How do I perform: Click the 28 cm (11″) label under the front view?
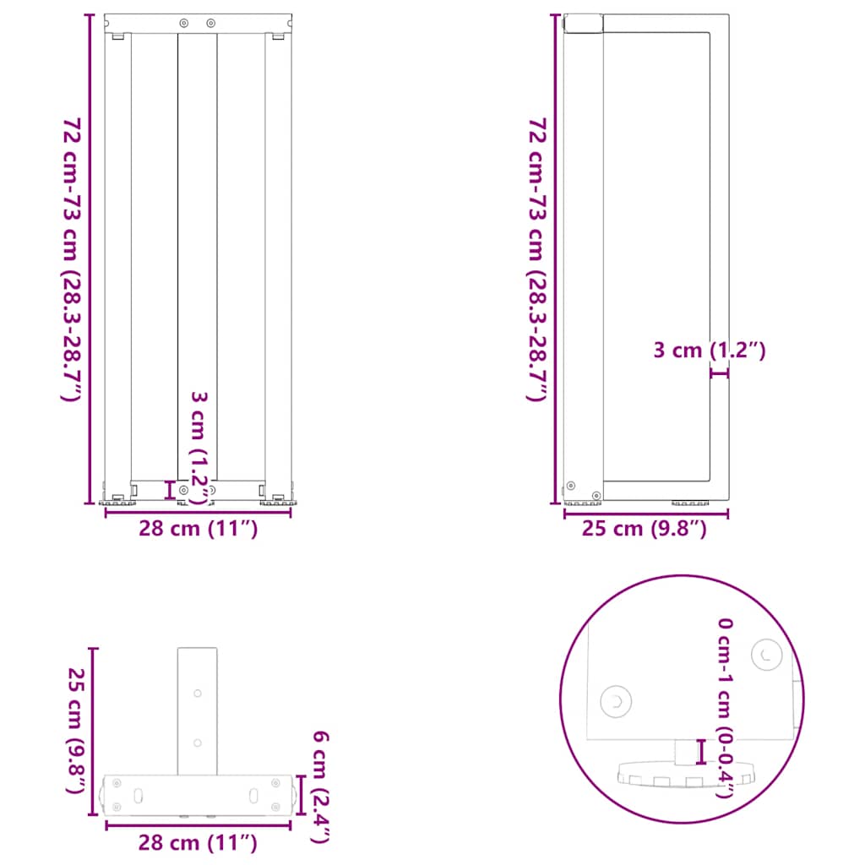point(199,530)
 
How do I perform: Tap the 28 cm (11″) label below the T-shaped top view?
point(199,842)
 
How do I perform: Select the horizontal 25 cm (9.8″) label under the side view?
point(643,530)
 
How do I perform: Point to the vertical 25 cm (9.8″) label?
point(77,732)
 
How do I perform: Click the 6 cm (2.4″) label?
point(320,786)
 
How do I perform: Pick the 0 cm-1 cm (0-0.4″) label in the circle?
point(725,708)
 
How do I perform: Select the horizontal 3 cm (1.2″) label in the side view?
point(710,351)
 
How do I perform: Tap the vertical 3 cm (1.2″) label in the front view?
point(199,448)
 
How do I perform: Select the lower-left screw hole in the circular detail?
point(614,700)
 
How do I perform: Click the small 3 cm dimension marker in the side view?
point(719,372)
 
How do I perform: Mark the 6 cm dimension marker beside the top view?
point(302,795)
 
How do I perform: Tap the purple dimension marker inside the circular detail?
point(700,750)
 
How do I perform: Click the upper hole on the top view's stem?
point(198,693)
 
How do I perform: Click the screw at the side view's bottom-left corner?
point(572,486)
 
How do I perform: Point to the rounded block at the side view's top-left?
point(583,23)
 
